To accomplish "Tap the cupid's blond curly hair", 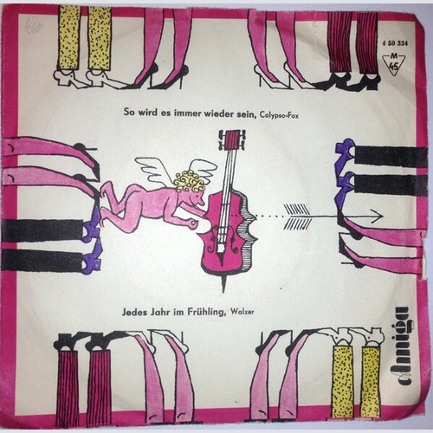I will pyautogui.click(x=190, y=181).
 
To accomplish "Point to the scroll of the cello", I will pyautogui.click(x=231, y=138).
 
